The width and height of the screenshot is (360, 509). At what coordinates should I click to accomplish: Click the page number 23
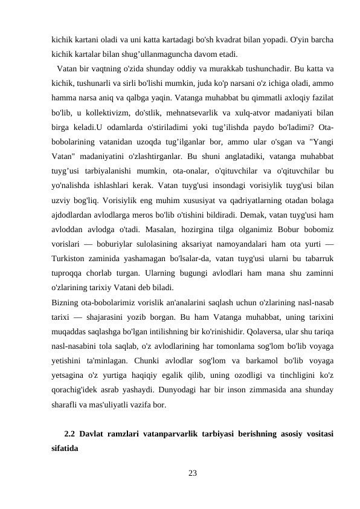point(193,472)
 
